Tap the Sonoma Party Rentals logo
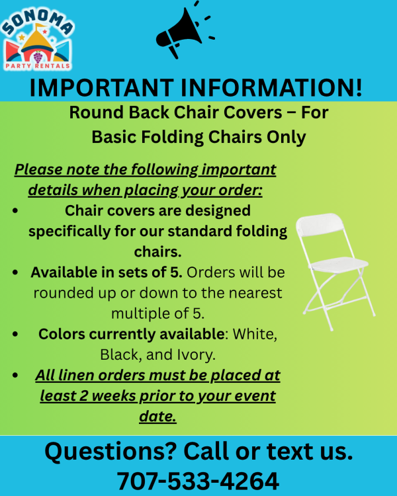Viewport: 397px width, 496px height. (x=38, y=39)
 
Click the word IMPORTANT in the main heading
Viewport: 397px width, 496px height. (x=102, y=87)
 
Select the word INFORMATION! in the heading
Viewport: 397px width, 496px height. (x=272, y=87)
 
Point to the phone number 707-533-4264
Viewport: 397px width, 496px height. (x=198, y=481)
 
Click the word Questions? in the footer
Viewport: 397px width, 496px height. (x=110, y=452)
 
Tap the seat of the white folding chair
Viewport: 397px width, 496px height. (x=339, y=265)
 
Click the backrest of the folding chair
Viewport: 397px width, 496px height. (x=320, y=224)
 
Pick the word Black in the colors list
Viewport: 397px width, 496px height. (x=119, y=354)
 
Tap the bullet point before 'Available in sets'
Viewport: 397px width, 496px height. (x=15, y=272)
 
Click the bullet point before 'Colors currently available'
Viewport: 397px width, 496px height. (x=15, y=334)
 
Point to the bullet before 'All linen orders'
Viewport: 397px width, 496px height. (x=15, y=375)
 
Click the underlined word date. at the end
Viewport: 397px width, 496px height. (x=157, y=416)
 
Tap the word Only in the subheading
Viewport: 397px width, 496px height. (x=287, y=138)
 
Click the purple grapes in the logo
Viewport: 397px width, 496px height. (x=38, y=58)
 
